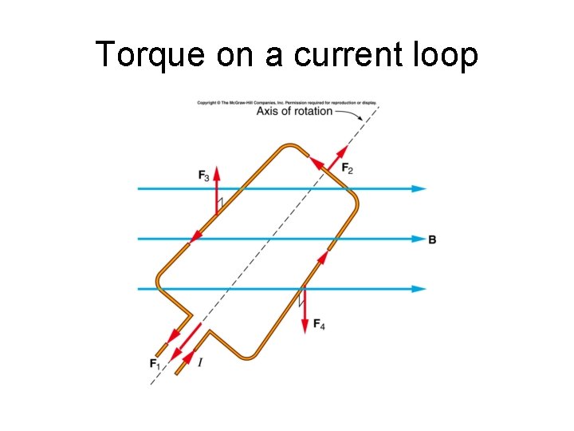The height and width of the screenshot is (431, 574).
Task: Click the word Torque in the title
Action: (140, 54)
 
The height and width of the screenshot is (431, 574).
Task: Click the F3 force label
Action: (205, 175)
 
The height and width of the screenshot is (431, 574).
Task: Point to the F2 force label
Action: (348, 168)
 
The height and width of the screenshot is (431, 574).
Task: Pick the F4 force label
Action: (318, 323)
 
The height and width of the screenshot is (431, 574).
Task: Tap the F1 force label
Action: (155, 364)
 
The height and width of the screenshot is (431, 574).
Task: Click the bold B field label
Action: (432, 239)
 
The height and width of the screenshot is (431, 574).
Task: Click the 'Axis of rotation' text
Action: (294, 112)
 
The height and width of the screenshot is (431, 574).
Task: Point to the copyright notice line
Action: (287, 103)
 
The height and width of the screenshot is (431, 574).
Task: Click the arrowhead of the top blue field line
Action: (419, 189)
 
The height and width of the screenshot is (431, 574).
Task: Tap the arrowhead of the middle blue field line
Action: (419, 239)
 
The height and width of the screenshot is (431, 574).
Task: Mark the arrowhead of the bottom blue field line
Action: (419, 289)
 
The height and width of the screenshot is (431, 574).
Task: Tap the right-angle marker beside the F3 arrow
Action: (221, 202)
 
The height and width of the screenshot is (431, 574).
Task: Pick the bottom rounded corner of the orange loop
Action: (249, 355)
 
